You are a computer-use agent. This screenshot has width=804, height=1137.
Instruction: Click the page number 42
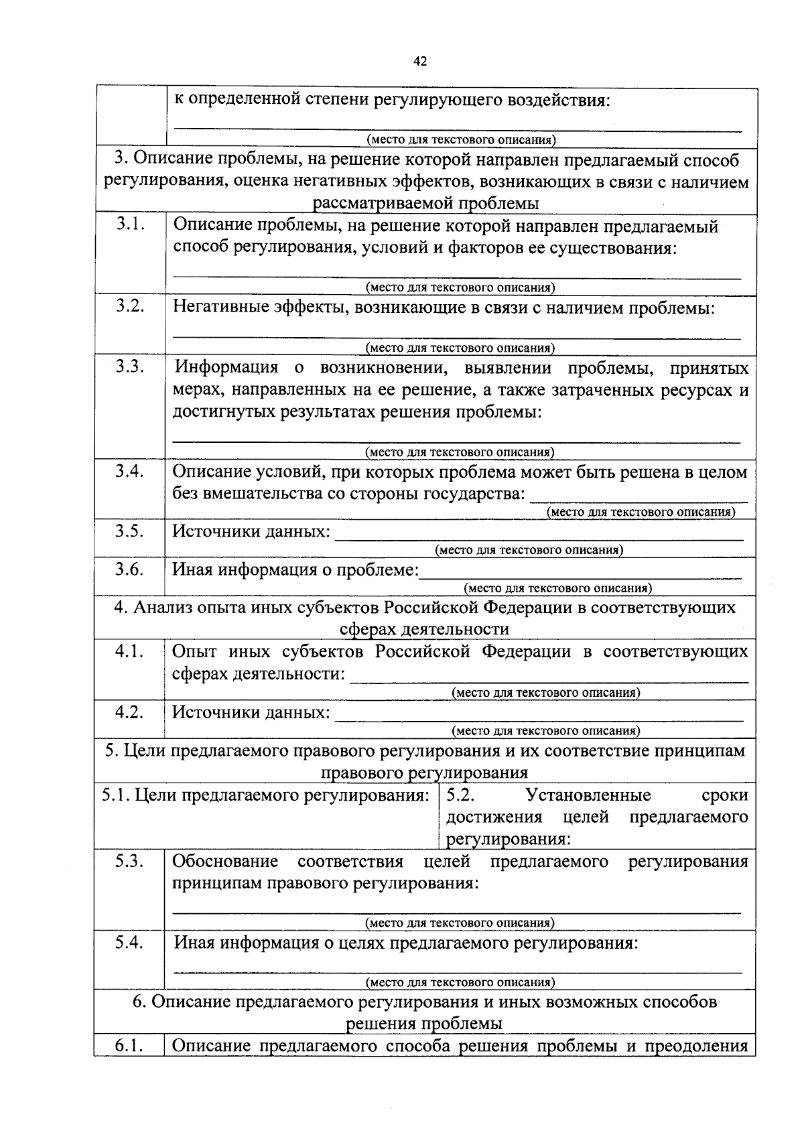pyautogui.click(x=420, y=61)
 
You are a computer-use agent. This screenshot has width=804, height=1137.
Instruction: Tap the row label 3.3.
pyautogui.click(x=130, y=366)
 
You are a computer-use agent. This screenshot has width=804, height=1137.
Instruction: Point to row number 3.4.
pyautogui.click(x=130, y=471)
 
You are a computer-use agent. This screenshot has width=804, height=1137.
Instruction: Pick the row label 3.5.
pyautogui.click(x=130, y=531)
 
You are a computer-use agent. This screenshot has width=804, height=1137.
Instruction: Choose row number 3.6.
pyautogui.click(x=130, y=569)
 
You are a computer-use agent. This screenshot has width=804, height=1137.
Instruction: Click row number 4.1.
pyautogui.click(x=130, y=651)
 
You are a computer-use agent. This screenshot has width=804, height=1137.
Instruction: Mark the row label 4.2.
pyautogui.click(x=130, y=712)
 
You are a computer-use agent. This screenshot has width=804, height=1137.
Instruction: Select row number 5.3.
pyautogui.click(x=130, y=861)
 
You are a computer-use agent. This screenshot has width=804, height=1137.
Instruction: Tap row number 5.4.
pyautogui.click(x=130, y=942)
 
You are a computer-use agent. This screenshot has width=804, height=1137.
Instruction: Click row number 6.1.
pyautogui.click(x=130, y=1045)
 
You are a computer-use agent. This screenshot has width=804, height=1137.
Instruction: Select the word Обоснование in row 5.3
pyautogui.click(x=225, y=862)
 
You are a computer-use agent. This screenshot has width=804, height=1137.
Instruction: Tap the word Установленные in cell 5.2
pyautogui.click(x=588, y=795)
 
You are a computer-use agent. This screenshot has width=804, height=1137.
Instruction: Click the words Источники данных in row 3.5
pyautogui.click(x=251, y=532)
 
